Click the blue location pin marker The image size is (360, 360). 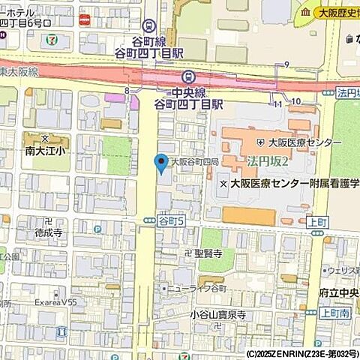[x=160, y=162]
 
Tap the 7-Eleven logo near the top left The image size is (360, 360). [x=49, y=37]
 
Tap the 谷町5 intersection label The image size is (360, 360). [x=171, y=220]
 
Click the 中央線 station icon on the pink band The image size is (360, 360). [x=187, y=76]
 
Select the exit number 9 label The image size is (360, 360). [x=286, y=67]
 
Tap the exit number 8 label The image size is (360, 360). [x=127, y=90]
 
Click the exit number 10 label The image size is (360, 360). [x=297, y=101]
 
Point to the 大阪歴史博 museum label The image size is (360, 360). [x=331, y=12]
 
